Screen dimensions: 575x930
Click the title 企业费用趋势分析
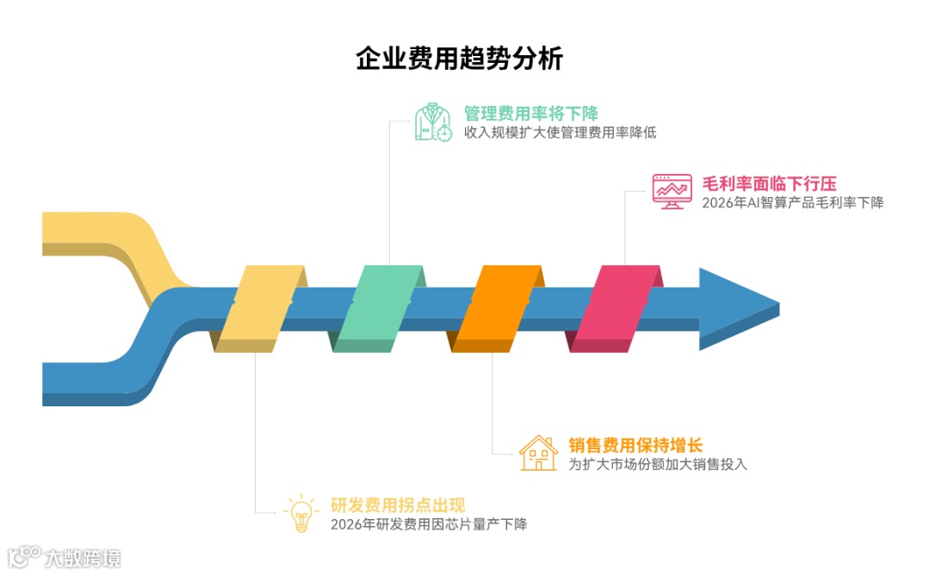[x=460, y=59]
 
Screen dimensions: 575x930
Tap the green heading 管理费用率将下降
[x=530, y=114]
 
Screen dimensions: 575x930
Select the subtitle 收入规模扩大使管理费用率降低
[x=560, y=133]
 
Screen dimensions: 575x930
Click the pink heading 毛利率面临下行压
[x=769, y=183]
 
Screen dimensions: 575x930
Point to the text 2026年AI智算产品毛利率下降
[x=792, y=203]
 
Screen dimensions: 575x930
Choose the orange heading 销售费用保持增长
[x=635, y=445]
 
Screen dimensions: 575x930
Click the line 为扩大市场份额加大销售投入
[x=658, y=465]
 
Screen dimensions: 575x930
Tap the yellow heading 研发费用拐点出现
[x=398, y=505]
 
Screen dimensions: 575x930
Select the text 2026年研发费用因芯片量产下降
[x=428, y=524]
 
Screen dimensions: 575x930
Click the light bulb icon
[x=301, y=513]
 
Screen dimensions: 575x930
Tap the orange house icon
[x=538, y=453]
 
